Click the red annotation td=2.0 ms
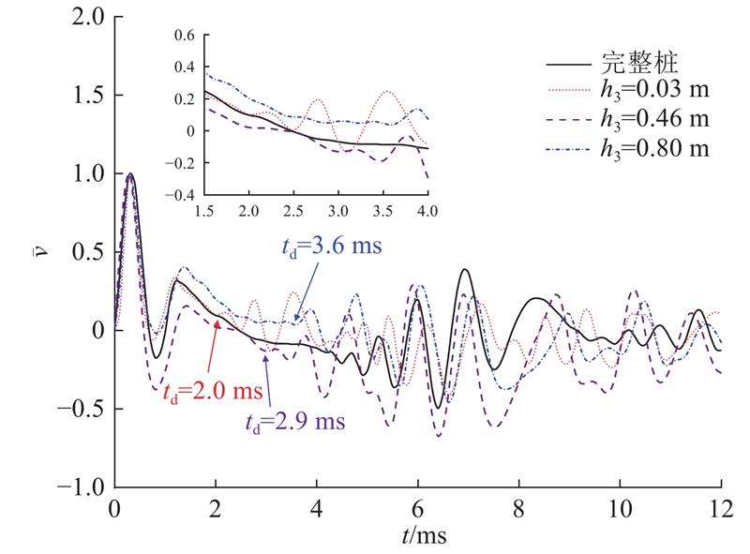pyautogui.click(x=214, y=392)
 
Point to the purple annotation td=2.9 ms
pyautogui.click(x=295, y=423)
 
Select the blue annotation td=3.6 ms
pyautogui.click(x=332, y=247)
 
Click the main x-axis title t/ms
pyautogui.click(x=425, y=535)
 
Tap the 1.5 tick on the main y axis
pyautogui.click(x=88, y=96)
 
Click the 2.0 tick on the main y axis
pyautogui.click(x=88, y=17)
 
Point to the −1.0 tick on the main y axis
pyautogui.click(x=81, y=487)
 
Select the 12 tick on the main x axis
pyautogui.click(x=721, y=510)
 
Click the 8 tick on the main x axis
pyautogui.click(x=519, y=510)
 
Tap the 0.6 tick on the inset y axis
pyautogui.click(x=185, y=35)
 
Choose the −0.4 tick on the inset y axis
pyautogui.click(x=180, y=195)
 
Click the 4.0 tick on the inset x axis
pyautogui.click(x=427, y=211)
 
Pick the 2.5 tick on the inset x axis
pyautogui.click(x=293, y=211)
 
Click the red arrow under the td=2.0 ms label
pyautogui.click(x=213, y=346)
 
